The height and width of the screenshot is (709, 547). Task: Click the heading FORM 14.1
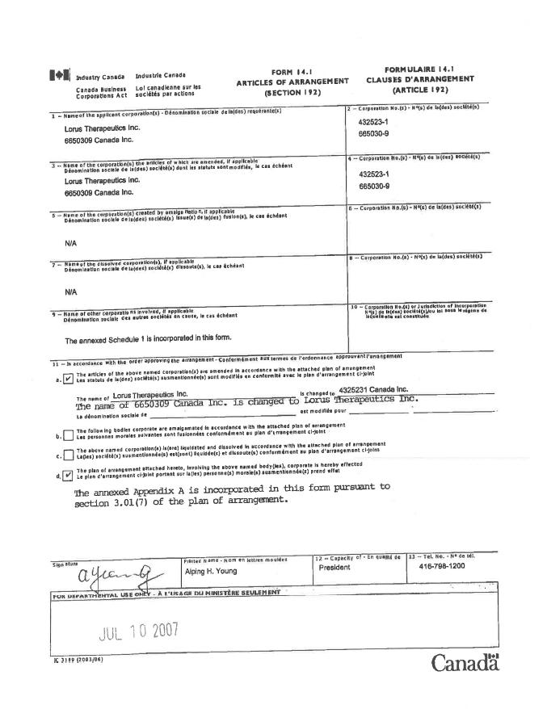coord(292,72)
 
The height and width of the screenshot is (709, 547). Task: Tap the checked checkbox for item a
coord(68,378)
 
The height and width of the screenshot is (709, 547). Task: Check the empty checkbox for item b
coord(68,436)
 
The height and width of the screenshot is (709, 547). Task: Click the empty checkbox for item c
coord(68,455)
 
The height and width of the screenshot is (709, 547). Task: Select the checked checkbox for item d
coord(68,475)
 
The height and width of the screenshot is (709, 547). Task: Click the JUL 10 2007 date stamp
coord(137,630)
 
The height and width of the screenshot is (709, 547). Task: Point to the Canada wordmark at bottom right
coord(465,663)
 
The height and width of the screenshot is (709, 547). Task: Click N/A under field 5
coord(70,242)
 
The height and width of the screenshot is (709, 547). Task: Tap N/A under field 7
coord(70,292)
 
